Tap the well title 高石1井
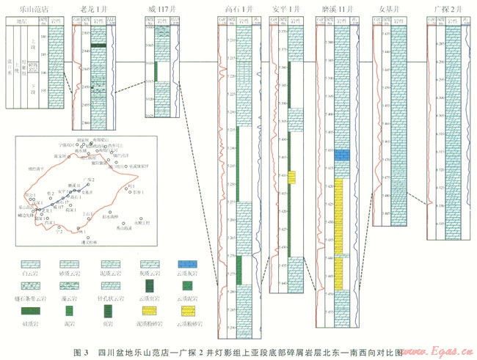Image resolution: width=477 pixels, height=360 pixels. click(241, 10)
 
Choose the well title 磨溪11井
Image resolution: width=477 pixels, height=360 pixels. click(335, 10)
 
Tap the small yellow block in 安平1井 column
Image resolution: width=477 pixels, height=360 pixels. click(292, 177)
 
